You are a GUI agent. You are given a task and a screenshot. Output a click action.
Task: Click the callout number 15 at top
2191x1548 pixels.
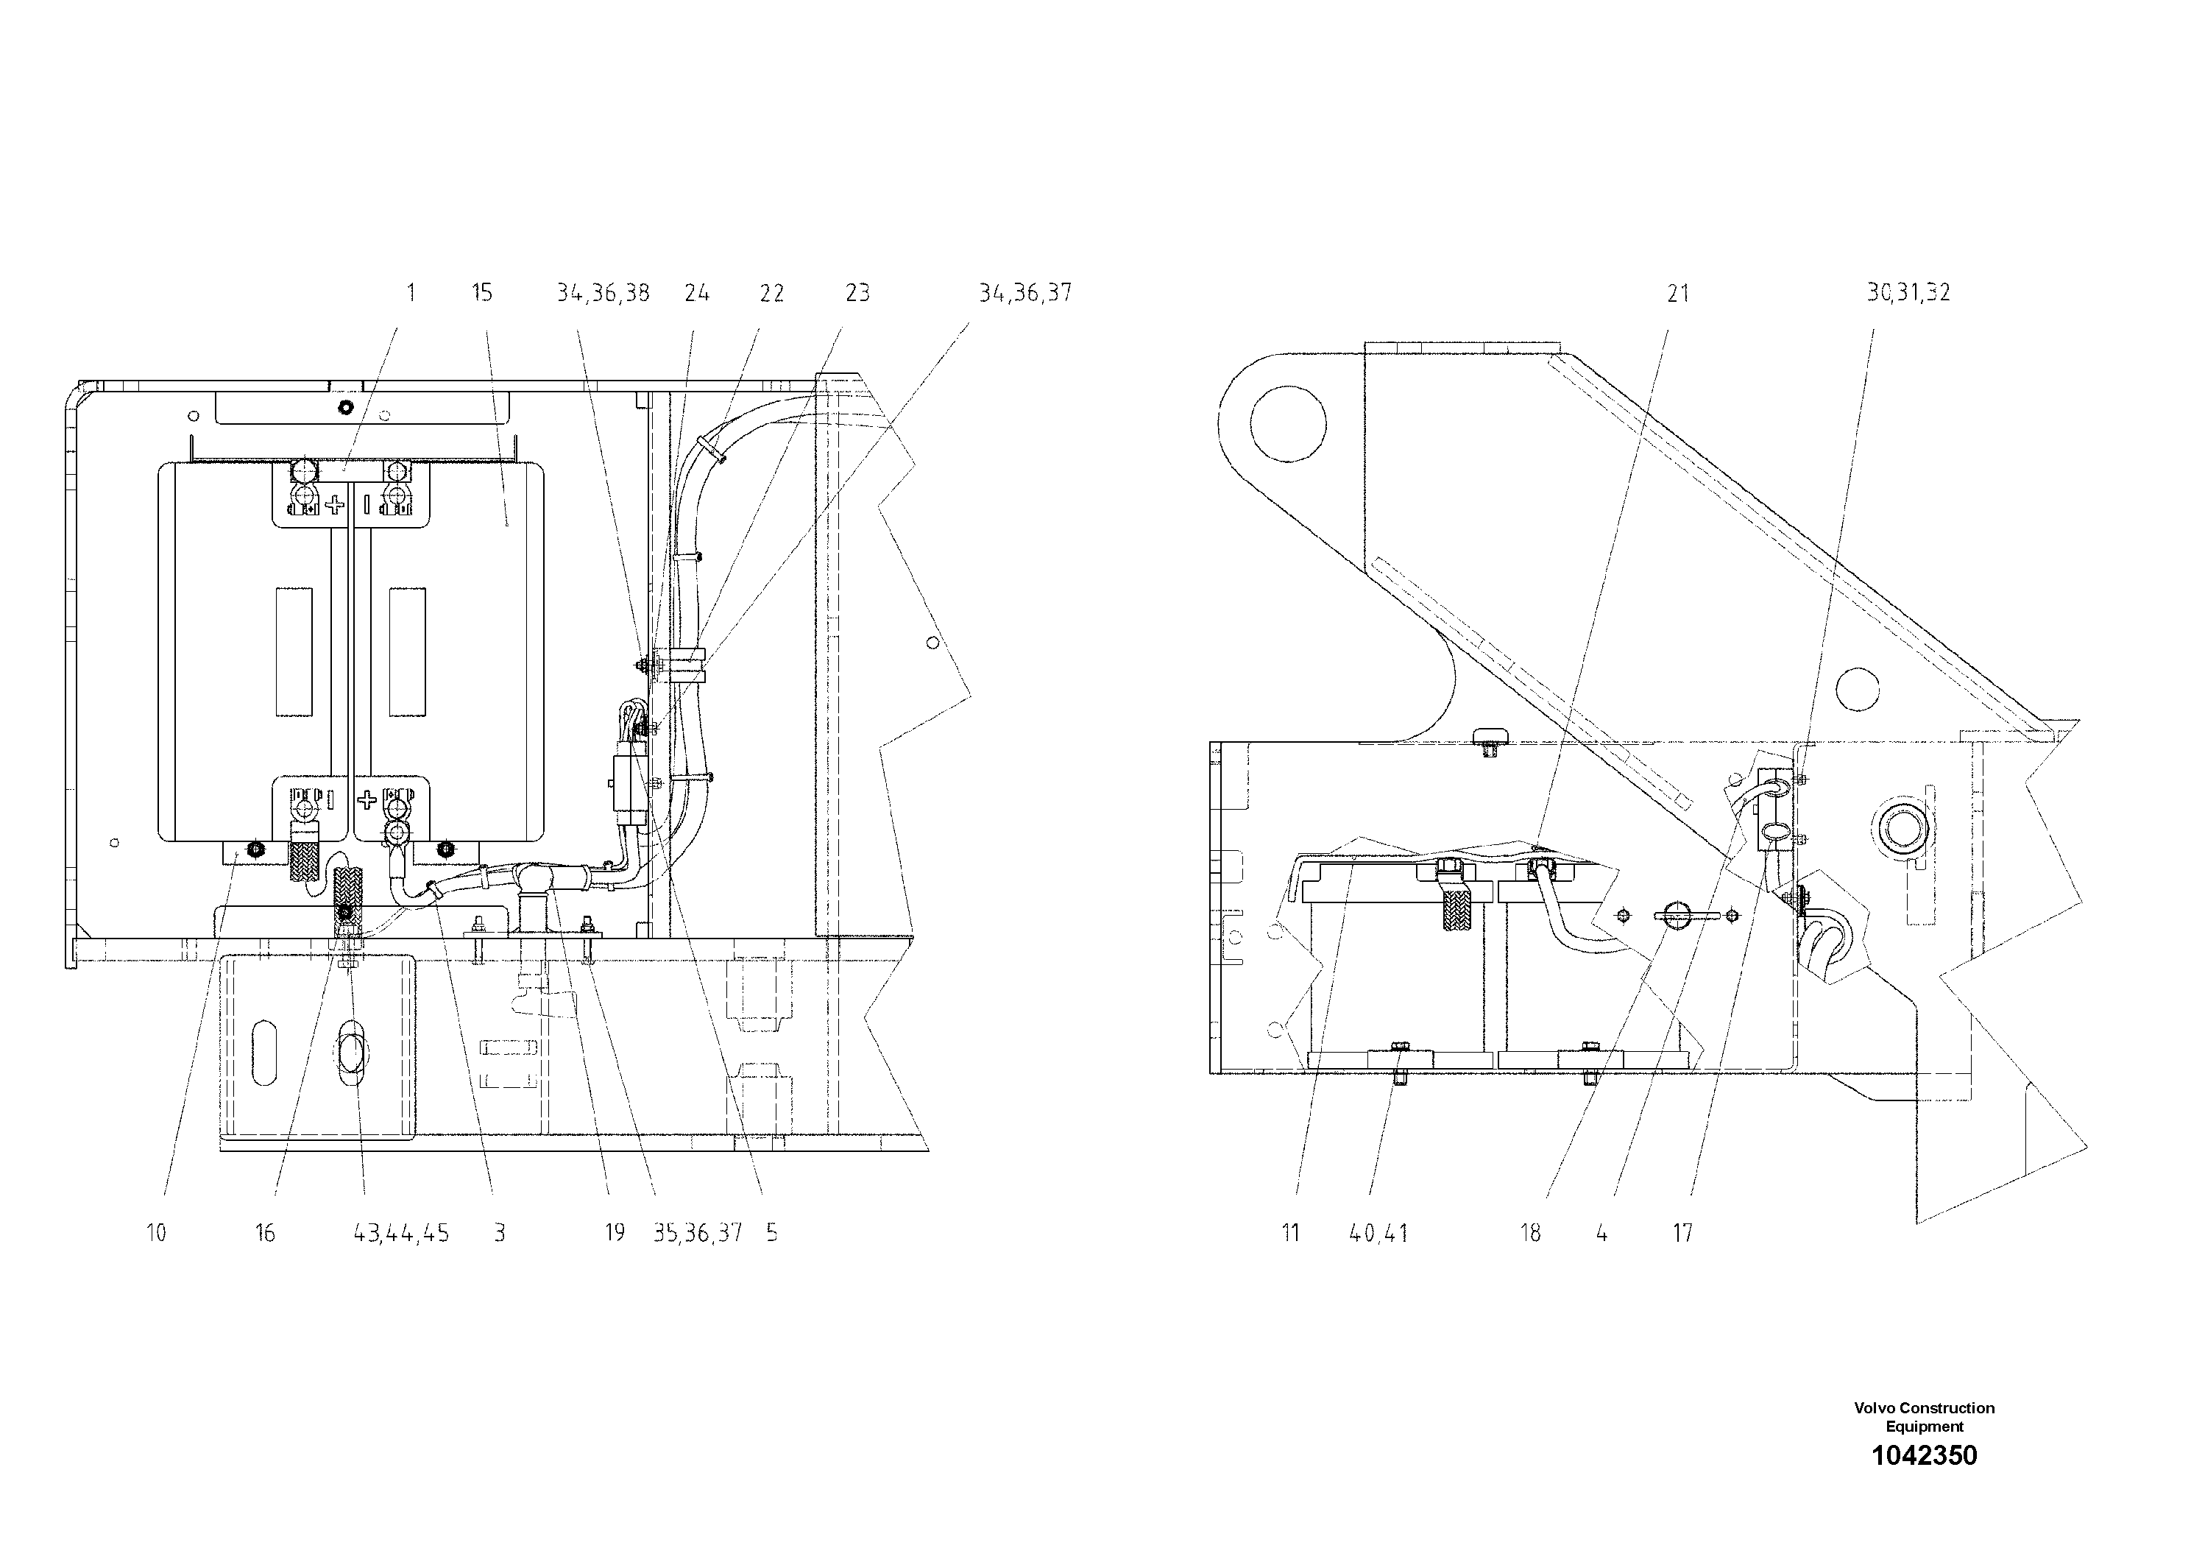point(482,293)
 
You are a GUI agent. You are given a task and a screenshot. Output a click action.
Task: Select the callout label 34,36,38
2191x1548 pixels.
point(603,293)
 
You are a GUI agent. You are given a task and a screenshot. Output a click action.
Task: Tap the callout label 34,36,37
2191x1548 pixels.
point(1025,293)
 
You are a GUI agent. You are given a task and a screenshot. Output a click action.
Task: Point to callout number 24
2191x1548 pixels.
point(697,293)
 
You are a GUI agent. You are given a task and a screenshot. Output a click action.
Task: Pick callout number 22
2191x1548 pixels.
point(771,293)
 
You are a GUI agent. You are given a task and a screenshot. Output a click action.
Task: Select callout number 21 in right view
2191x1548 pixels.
point(1677,294)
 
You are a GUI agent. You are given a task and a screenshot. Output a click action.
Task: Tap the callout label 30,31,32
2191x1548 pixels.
point(1908,293)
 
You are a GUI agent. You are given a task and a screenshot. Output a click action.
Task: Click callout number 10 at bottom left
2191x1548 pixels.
point(155,1233)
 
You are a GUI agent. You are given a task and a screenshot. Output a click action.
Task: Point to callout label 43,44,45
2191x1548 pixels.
point(401,1233)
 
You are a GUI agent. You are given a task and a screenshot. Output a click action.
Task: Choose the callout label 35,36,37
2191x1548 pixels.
point(697,1233)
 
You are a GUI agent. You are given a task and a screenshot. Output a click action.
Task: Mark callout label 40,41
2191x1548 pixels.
point(1378,1233)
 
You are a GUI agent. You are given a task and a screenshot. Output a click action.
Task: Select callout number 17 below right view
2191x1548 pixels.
point(1682,1233)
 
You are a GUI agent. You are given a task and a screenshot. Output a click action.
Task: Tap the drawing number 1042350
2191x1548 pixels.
point(1924,1455)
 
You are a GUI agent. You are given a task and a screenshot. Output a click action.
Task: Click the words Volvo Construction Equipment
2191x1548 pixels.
point(1924,1417)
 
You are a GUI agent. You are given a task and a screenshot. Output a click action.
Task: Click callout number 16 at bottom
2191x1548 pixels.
point(264,1233)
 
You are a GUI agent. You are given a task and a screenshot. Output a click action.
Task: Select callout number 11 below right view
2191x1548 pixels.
point(1290,1233)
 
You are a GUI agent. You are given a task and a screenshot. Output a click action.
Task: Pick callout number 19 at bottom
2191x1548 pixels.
point(615,1233)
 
